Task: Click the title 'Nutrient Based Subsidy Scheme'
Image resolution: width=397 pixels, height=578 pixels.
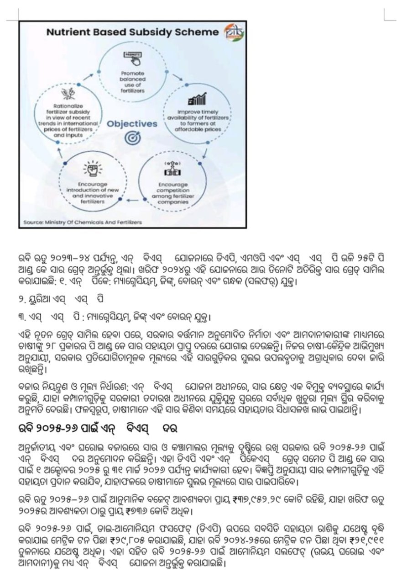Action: tap(133, 32)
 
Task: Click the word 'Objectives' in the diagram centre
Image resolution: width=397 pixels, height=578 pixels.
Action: tap(132, 124)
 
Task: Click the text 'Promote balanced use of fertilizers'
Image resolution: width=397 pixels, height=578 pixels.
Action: tap(133, 81)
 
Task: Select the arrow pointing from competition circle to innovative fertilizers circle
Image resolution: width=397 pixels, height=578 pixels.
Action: tap(132, 200)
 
